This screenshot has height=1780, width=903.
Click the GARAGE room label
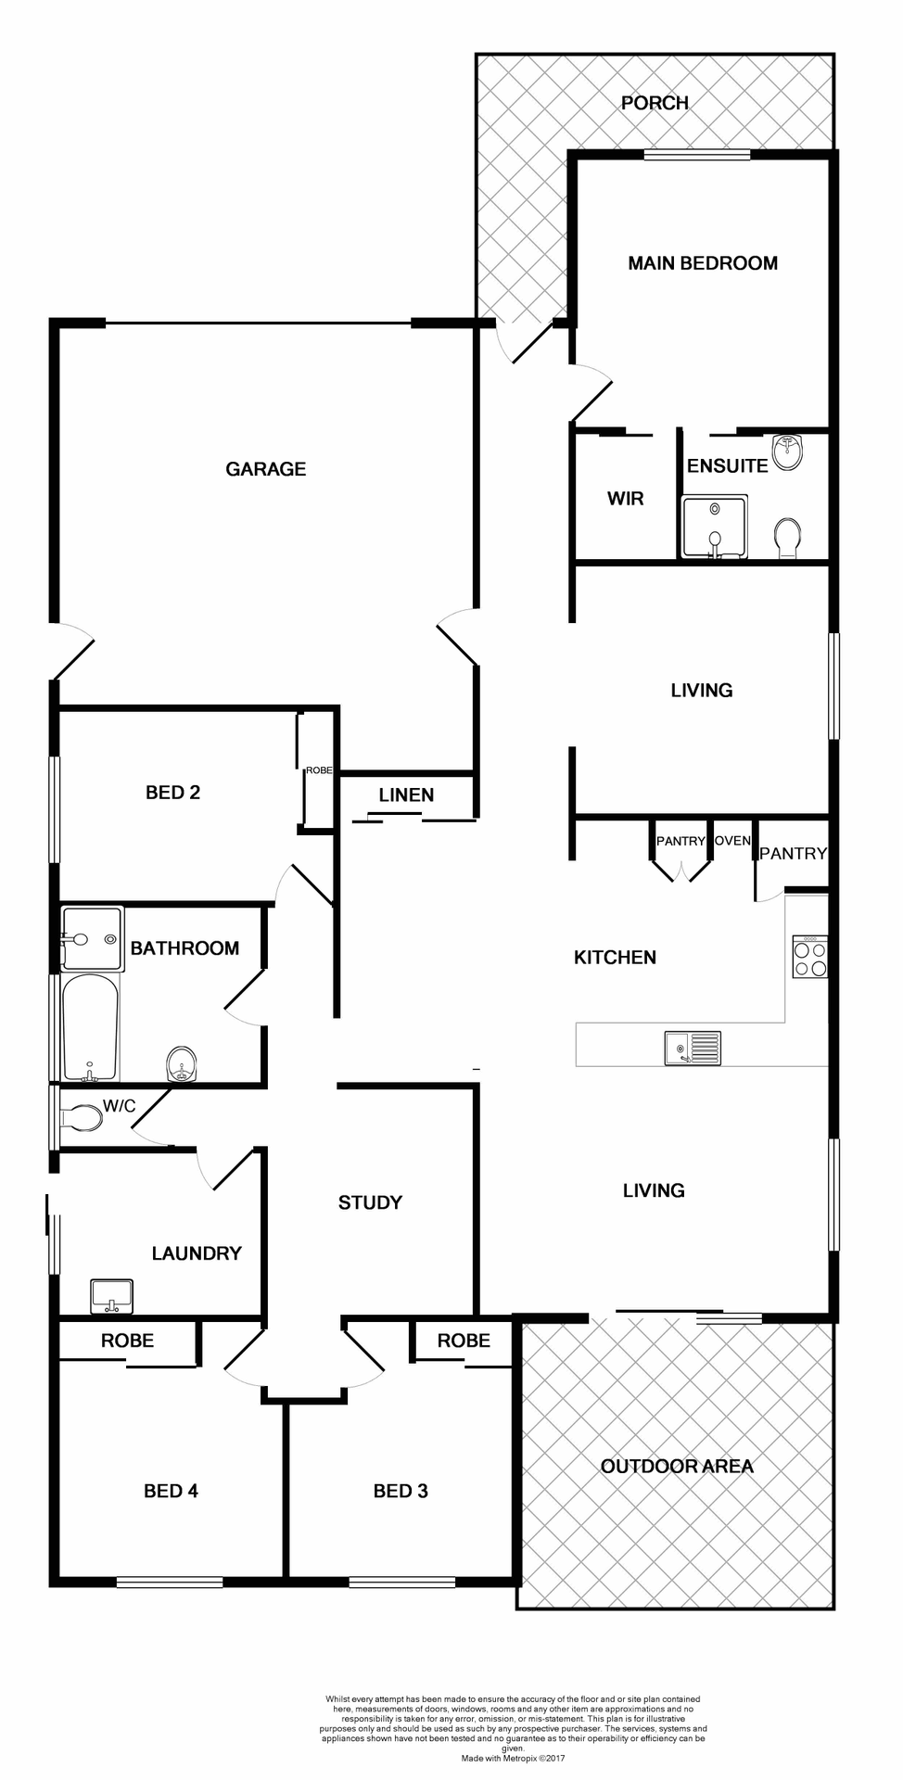point(265,469)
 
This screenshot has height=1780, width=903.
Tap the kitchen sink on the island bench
point(693,1049)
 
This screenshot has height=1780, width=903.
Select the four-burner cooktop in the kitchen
point(809,958)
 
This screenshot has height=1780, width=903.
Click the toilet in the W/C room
point(83,1117)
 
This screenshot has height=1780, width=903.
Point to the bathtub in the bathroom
point(90,1026)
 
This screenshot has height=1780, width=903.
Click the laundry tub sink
point(111,1296)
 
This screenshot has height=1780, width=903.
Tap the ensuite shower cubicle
point(714,527)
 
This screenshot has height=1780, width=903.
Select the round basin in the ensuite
point(787,452)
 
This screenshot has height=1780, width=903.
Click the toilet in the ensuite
point(787,538)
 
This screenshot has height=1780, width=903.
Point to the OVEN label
point(732,840)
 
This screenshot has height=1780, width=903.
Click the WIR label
point(625,499)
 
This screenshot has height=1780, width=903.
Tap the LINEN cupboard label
point(406,795)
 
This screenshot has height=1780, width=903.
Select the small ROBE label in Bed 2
point(319,770)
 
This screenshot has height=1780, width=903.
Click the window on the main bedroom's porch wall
point(696,155)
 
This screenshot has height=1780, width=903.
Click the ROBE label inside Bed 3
point(464,1341)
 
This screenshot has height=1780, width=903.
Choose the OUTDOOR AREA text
point(677,1466)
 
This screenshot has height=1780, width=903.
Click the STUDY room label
point(370,1202)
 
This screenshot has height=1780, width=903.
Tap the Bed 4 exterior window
point(170,1582)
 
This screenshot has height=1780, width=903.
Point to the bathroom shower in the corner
point(92,938)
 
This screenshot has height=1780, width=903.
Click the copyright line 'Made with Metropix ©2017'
point(513,1758)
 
